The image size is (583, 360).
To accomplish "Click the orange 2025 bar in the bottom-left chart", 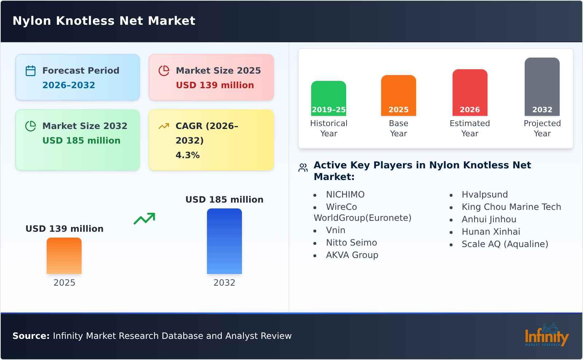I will click(x=64, y=256).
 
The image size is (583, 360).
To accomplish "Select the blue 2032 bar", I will click(x=224, y=241).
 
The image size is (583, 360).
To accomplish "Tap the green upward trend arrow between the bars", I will click(x=144, y=219).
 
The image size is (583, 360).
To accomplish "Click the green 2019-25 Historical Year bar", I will click(x=328, y=98).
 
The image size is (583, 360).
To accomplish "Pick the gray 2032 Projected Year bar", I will click(x=542, y=87).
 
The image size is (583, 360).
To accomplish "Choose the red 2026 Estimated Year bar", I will click(x=470, y=93).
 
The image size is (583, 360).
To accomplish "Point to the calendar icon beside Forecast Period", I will click(x=31, y=71).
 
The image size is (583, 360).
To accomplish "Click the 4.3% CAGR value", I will click(x=187, y=155).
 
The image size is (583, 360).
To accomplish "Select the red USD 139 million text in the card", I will click(x=215, y=85).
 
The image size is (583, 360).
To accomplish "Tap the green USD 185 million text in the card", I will click(x=81, y=141).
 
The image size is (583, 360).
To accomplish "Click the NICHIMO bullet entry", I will click(x=345, y=195).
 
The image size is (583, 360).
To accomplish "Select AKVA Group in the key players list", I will click(x=352, y=255).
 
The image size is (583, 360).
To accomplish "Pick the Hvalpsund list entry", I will click(x=484, y=195).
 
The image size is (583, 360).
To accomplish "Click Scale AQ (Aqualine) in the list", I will click(x=505, y=244).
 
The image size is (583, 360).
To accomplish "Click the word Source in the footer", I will click(x=31, y=336).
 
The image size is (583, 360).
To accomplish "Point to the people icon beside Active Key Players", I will click(x=303, y=168).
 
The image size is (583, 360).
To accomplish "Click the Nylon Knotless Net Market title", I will click(x=104, y=21).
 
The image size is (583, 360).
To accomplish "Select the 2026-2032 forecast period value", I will click(x=69, y=85).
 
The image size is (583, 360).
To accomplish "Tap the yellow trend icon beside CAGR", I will click(x=164, y=126).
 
